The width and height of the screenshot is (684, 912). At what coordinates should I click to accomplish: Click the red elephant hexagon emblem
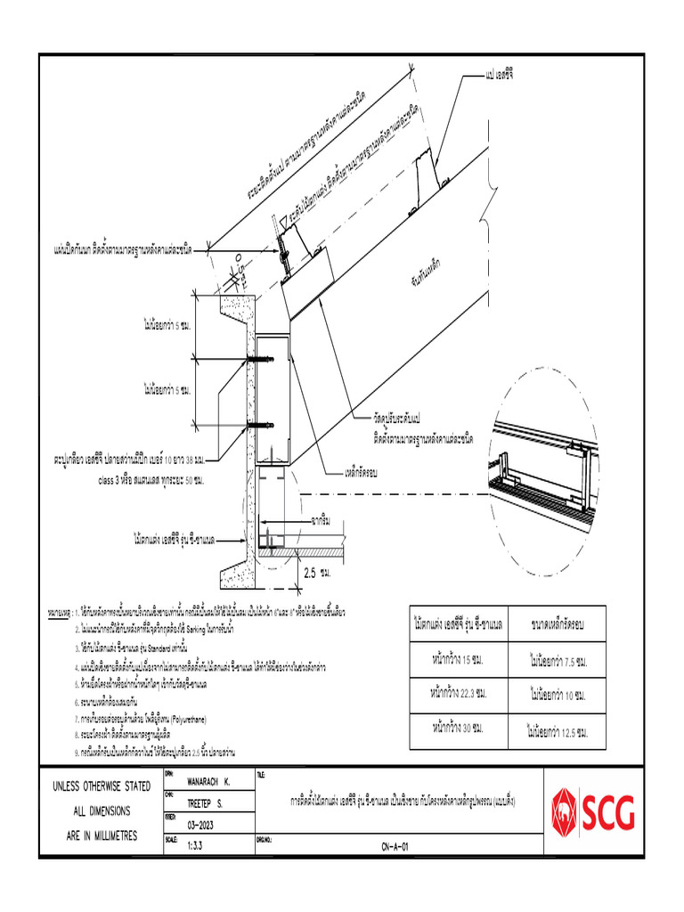click(565, 812)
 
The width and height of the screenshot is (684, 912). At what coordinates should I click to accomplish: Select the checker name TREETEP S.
click(204, 802)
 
